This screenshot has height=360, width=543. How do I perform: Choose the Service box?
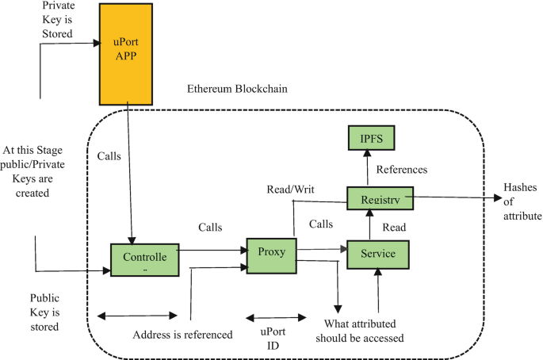[377, 255]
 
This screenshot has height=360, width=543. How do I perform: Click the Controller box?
[144, 259]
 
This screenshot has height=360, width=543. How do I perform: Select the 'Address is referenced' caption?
[182, 335]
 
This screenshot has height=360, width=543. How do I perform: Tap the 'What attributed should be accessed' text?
[361, 331]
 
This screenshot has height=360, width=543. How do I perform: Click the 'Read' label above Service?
[394, 228]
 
